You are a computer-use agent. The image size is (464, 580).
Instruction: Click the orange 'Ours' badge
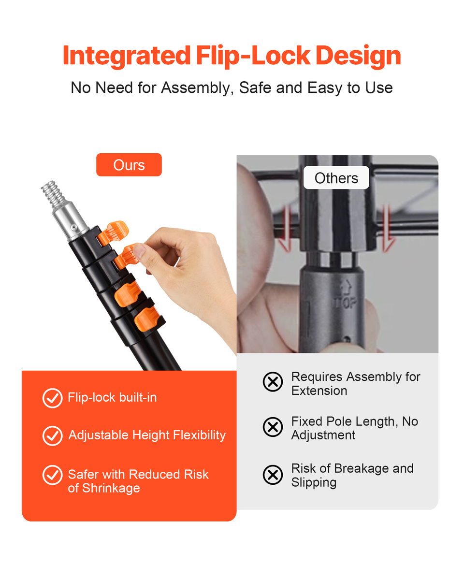[129, 165]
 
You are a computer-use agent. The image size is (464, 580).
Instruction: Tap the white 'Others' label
[336, 177]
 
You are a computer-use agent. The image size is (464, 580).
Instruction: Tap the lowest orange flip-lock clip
[147, 319]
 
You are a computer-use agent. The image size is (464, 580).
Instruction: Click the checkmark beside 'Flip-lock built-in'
[52, 398]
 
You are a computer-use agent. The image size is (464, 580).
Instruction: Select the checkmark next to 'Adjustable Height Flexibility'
[52, 435]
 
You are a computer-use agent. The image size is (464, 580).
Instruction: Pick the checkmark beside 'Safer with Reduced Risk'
[52, 475]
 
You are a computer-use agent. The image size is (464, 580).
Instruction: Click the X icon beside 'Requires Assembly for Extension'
[273, 382]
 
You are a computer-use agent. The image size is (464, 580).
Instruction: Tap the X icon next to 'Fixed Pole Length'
[273, 427]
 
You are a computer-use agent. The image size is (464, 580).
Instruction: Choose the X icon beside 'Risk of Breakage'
[273, 475]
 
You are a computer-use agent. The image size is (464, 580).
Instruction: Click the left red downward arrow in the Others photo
[286, 229]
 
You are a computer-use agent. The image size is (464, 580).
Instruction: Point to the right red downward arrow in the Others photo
[388, 229]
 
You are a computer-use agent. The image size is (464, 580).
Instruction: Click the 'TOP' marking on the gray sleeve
[346, 303]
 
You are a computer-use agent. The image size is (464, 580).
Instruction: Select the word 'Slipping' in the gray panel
[314, 483]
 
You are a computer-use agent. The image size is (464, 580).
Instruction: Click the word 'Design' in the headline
[358, 56]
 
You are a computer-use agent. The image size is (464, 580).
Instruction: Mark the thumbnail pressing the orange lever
[139, 250]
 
